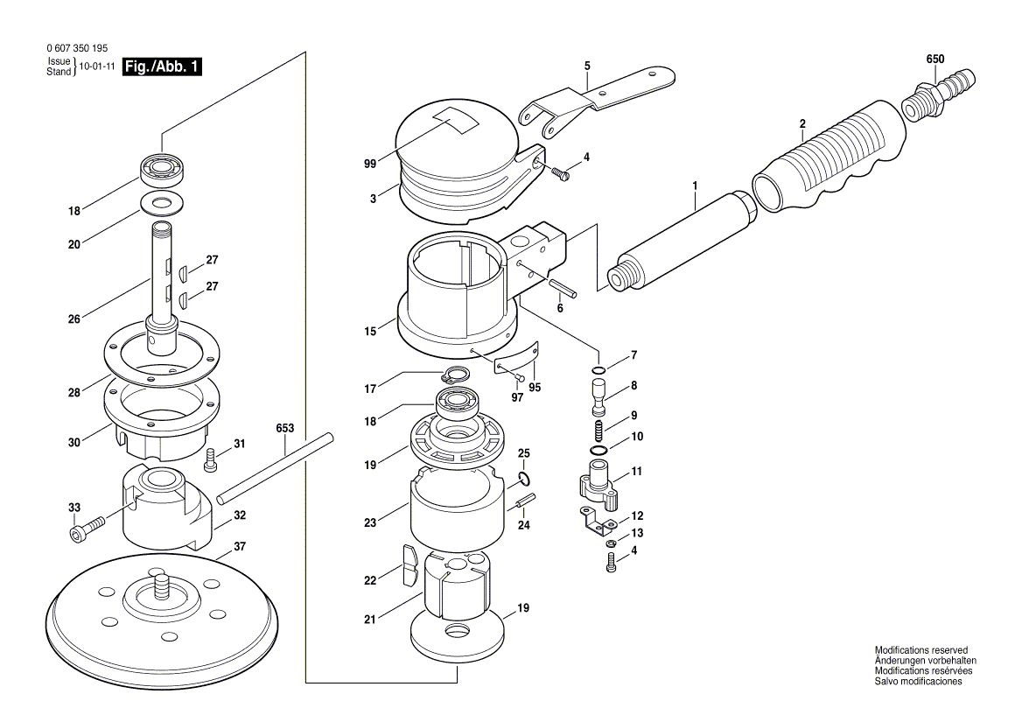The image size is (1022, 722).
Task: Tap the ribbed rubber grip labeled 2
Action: (829, 158)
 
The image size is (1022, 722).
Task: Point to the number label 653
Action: (284, 429)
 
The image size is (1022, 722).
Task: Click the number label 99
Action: (370, 164)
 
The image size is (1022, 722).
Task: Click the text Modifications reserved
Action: (921, 650)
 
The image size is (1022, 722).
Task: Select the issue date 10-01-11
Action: (97, 67)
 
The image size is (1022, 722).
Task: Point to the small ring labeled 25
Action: (523, 478)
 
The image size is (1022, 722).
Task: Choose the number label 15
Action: (370, 332)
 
